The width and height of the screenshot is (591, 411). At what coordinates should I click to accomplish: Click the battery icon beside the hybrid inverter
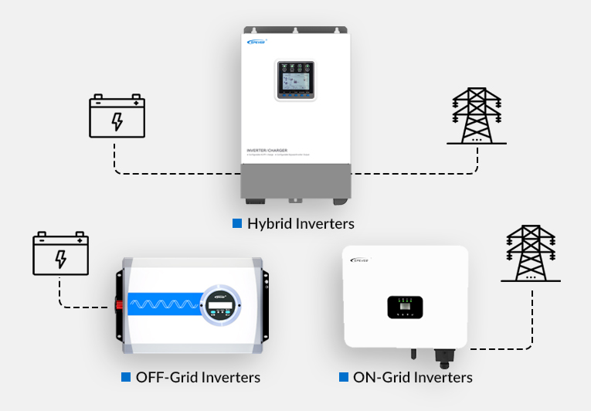[117, 117]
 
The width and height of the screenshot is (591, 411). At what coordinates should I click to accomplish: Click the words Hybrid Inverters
[301, 224]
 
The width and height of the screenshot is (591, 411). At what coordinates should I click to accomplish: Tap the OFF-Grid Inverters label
[198, 378]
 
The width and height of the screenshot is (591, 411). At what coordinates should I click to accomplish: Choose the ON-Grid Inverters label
[413, 378]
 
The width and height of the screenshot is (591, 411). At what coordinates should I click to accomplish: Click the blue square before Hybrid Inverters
[237, 224]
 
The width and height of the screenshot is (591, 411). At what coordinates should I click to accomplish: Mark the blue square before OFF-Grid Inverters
[126, 377]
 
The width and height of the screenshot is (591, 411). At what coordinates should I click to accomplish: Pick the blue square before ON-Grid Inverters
[343, 377]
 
